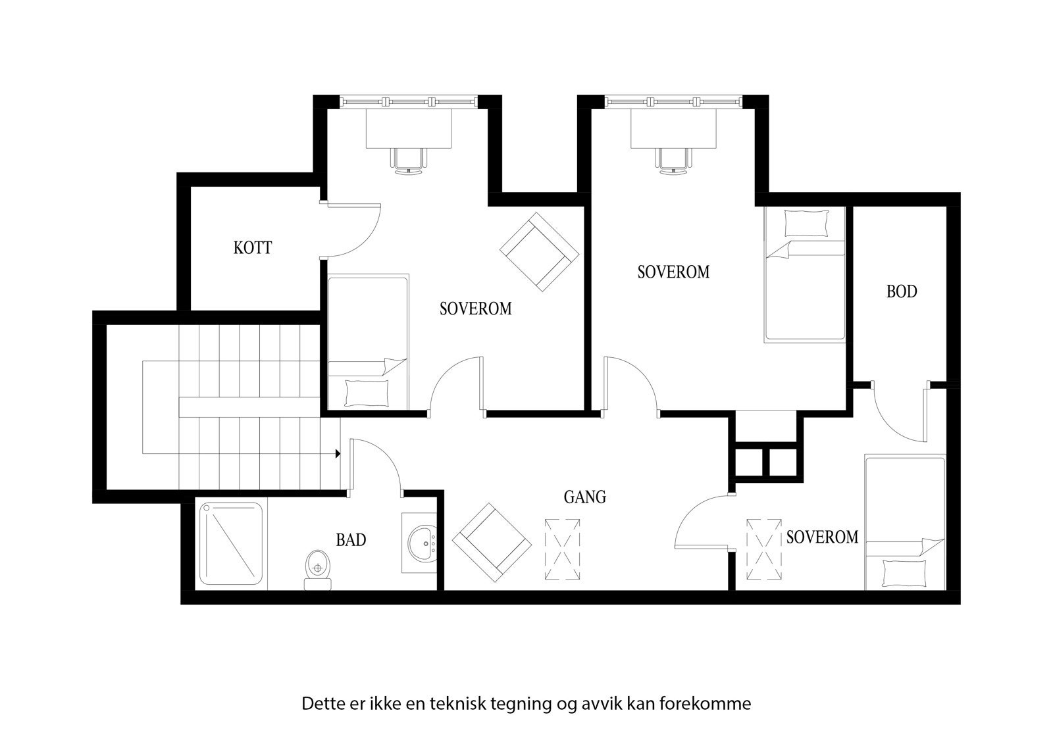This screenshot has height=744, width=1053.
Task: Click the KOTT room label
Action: [x=253, y=248]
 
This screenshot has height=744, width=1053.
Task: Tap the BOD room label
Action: [x=901, y=291]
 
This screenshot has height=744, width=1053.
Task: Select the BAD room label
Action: [x=351, y=540]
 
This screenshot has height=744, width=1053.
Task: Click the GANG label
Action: [x=584, y=497]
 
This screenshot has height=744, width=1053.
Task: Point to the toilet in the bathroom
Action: [x=318, y=568]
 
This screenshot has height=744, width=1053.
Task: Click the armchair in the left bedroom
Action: [x=540, y=251]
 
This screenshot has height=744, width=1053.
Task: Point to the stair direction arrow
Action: [x=338, y=453]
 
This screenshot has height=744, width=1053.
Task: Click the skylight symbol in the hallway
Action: [x=562, y=549]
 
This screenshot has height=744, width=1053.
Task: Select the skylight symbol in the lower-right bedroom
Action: [x=764, y=549]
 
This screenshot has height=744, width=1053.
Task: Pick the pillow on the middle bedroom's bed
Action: [x=807, y=223]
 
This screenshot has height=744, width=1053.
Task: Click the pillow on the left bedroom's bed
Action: [x=367, y=393]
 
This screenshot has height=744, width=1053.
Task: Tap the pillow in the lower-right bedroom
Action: [x=904, y=574]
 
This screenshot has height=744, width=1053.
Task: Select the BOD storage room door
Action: [x=898, y=414]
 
